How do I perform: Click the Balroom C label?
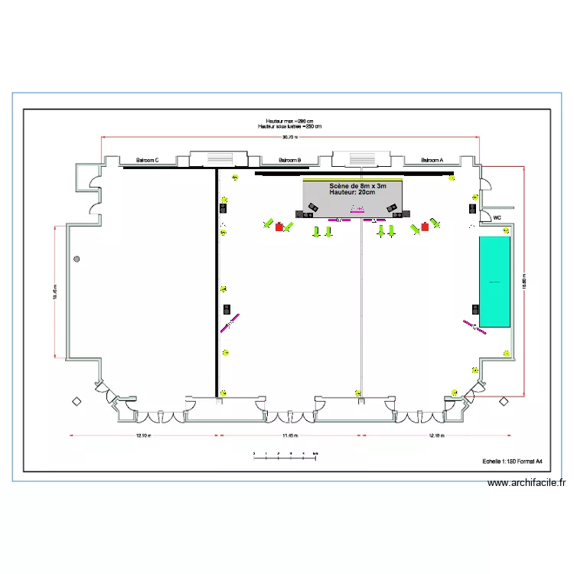coord(147,161)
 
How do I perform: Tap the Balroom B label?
coord(289,161)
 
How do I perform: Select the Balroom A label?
coord(432,161)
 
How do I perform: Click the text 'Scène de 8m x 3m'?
coord(357,187)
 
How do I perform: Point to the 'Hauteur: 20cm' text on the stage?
coord(352,193)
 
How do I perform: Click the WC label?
coord(497,217)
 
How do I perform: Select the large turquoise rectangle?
coord(494,282)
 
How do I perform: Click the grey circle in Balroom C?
coord(77,260)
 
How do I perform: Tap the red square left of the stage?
coord(279,227)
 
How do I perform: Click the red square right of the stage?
coord(424,227)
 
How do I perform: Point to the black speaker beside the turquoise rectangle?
coord(475,309)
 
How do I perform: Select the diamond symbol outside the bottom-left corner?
coord(76,401)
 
